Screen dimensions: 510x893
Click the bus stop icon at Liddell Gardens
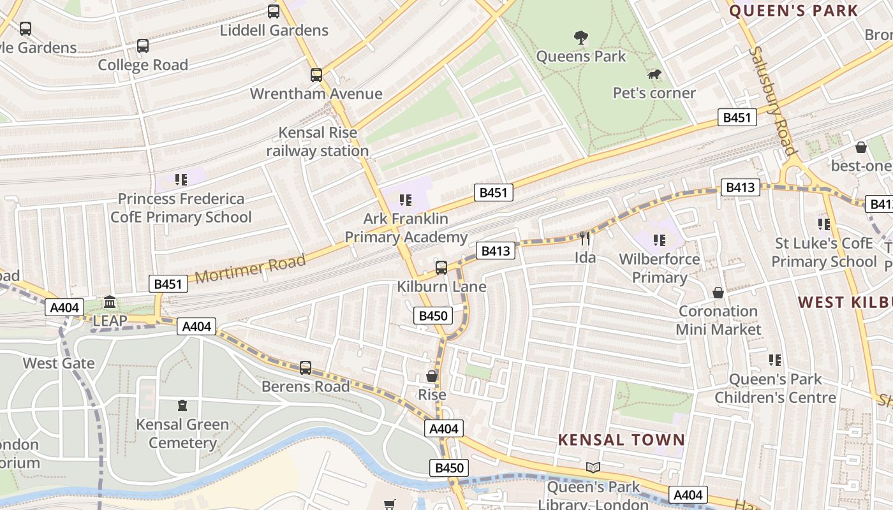click(x=274, y=11)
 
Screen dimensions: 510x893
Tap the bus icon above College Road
click(x=143, y=46)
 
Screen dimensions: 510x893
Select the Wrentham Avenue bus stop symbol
click(x=316, y=75)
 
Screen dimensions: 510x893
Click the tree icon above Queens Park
click(x=580, y=38)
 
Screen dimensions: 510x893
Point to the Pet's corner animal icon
click(x=654, y=75)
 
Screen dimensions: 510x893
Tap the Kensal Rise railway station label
click(x=318, y=142)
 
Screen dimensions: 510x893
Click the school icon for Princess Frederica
click(x=181, y=180)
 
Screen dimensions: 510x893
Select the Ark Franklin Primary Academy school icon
click(x=406, y=200)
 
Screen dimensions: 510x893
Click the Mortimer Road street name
click(x=250, y=268)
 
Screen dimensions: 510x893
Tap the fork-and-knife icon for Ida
click(x=585, y=238)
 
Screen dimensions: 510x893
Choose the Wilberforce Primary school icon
click(x=660, y=240)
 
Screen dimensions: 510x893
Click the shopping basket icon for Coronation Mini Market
click(x=718, y=293)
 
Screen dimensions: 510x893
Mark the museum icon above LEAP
click(x=110, y=302)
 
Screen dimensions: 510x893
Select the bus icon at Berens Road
click(x=306, y=368)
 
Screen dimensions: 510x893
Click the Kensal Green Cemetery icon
click(x=182, y=405)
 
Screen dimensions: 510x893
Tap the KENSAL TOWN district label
click(x=621, y=440)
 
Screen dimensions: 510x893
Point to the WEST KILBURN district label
click(x=845, y=302)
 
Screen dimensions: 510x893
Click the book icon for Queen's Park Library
click(x=593, y=468)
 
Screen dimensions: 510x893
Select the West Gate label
click(x=59, y=363)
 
